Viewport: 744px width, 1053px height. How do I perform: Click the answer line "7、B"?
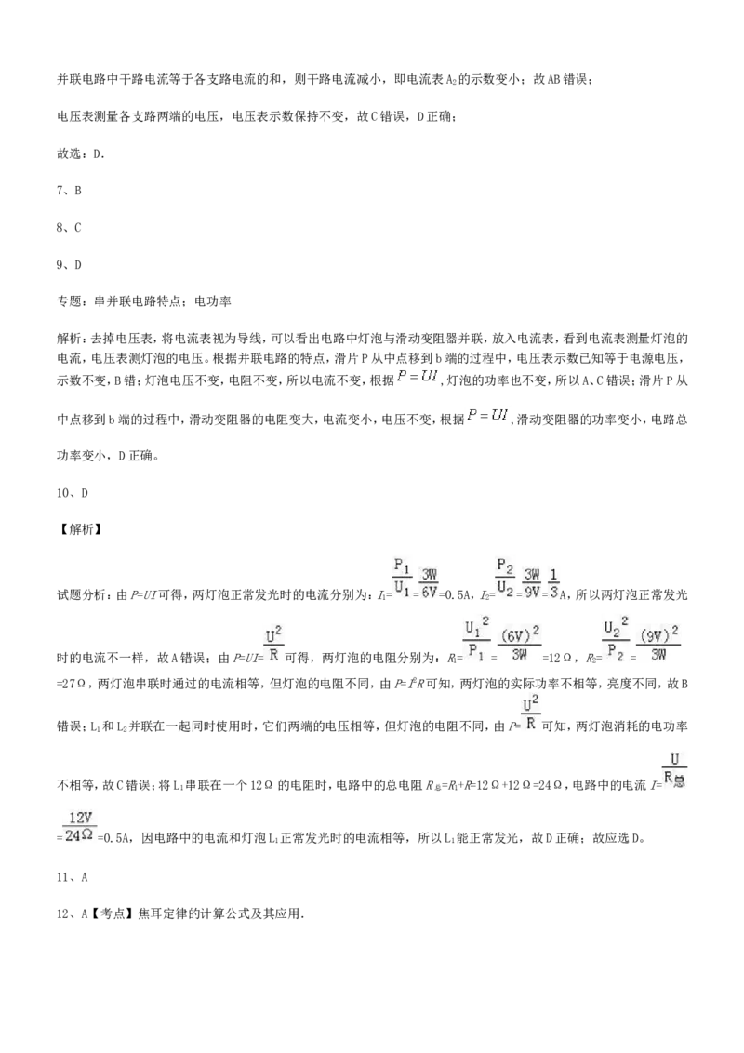point(69,191)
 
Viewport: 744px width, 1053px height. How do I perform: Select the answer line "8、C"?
point(69,228)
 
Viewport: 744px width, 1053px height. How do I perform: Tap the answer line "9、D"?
point(69,264)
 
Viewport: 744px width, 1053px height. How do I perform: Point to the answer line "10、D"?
point(73,493)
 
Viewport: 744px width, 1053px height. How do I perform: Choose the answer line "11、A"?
point(73,877)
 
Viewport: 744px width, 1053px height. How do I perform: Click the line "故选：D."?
point(81,153)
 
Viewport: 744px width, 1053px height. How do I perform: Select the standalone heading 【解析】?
point(79,530)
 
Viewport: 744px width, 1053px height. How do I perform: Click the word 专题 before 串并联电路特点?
point(70,301)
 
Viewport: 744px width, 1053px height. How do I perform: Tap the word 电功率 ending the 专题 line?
point(213,301)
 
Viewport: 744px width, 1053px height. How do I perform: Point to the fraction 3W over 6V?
point(429,585)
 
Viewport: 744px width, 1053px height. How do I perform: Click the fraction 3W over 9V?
point(532,585)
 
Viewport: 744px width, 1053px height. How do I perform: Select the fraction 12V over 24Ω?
point(79,827)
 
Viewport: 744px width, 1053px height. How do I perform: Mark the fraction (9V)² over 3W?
point(658,644)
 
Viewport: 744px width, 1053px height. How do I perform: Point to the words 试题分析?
point(82,595)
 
